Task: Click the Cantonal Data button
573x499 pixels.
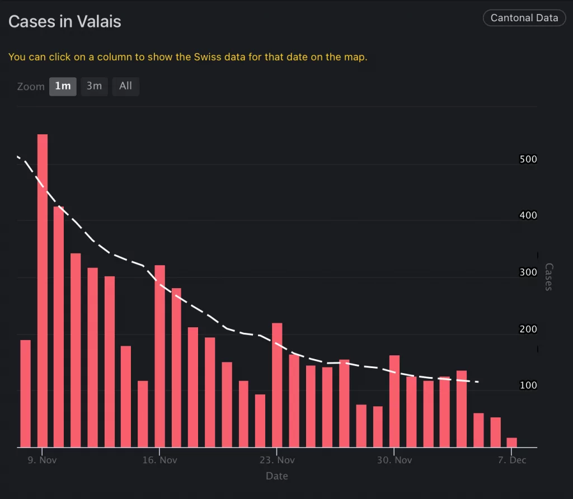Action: point(524,18)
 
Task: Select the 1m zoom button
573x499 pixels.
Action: point(63,86)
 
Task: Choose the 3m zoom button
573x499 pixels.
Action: point(94,86)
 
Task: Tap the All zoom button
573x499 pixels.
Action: point(125,86)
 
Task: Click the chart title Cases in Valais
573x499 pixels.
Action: point(65,22)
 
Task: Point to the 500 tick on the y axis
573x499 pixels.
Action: point(528,159)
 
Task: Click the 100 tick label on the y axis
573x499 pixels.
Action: point(528,385)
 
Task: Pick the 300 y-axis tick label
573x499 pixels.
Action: point(528,272)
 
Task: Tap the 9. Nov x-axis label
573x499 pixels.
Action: point(43,460)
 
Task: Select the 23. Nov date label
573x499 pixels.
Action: point(277,460)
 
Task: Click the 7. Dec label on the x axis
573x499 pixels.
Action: point(512,460)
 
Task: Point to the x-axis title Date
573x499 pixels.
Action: point(277,476)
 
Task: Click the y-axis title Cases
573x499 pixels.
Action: point(548,277)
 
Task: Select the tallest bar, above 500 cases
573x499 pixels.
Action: point(43,291)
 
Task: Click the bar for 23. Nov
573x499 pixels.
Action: point(277,385)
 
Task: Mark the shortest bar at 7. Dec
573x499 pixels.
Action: point(512,442)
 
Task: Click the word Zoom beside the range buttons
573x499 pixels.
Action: point(31,87)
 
